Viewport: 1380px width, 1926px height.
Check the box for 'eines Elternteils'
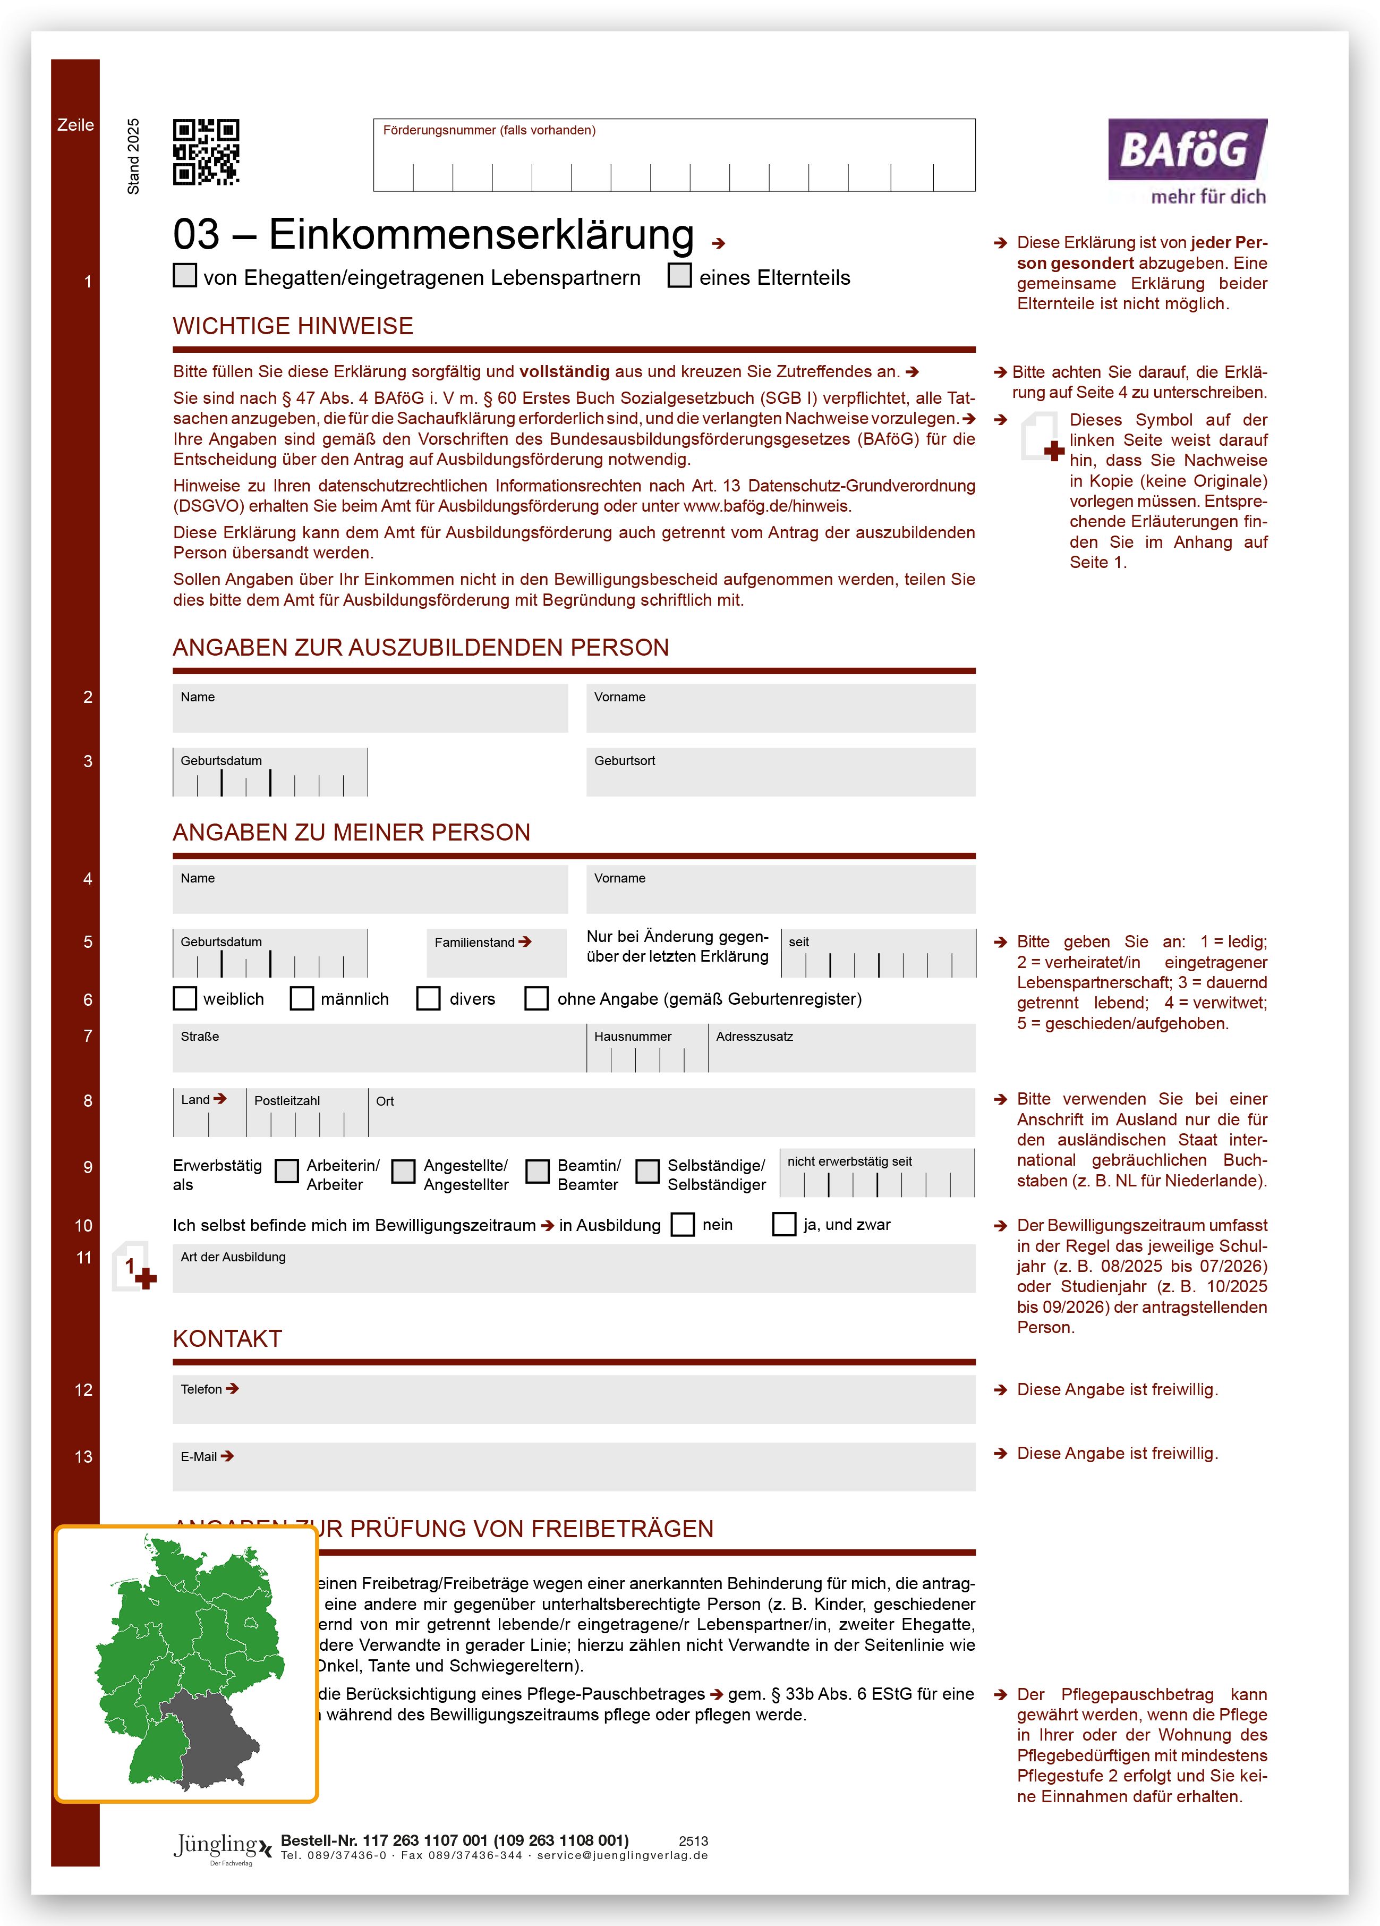[x=679, y=276]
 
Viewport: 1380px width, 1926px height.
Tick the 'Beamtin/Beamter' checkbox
[x=538, y=1171]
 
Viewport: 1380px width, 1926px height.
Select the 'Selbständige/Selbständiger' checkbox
[x=648, y=1171]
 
